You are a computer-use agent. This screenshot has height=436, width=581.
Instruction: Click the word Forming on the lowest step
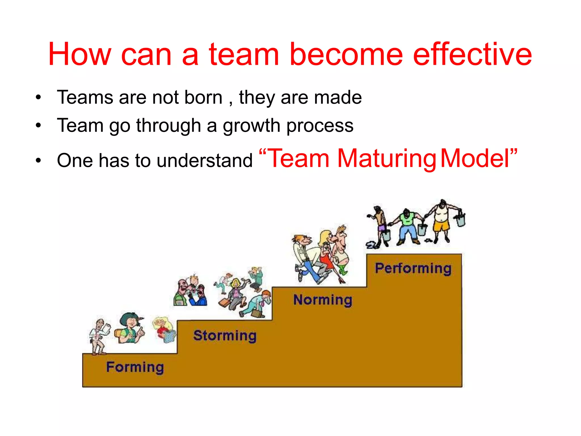[135, 367]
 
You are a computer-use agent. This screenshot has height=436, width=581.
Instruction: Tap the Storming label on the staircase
[225, 336]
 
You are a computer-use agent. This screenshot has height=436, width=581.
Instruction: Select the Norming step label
[323, 300]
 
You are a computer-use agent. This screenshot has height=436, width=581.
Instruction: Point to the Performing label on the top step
[413, 268]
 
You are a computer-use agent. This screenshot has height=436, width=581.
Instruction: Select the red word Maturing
[387, 159]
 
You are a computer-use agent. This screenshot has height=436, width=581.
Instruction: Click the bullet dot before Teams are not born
[38, 98]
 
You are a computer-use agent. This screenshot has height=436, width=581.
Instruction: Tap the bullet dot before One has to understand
[38, 161]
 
